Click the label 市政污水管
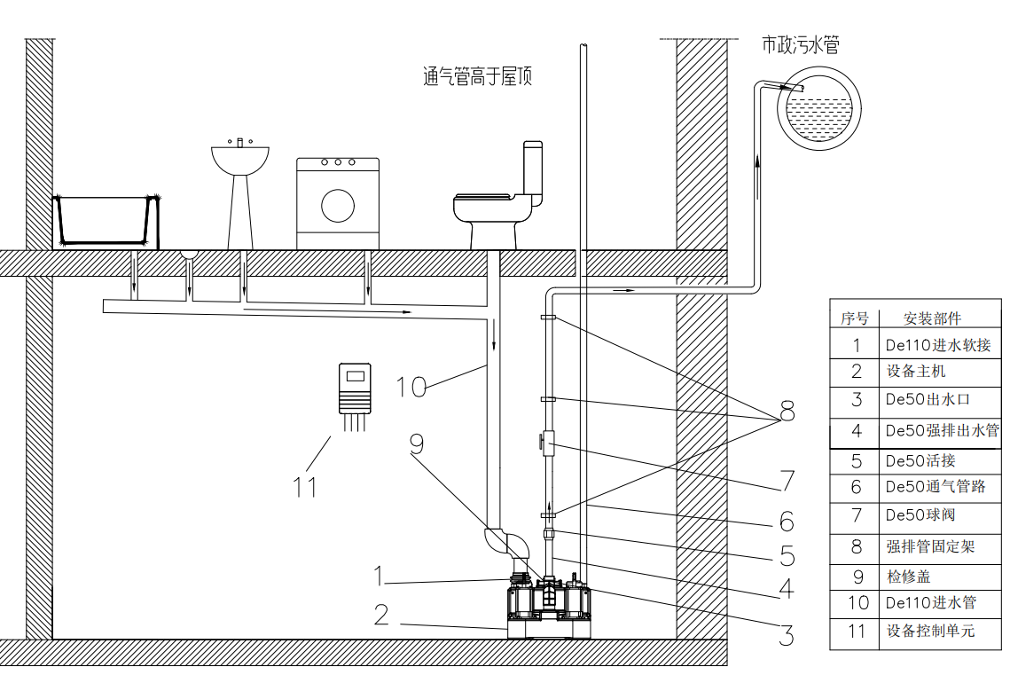click(800, 44)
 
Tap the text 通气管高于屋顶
click(477, 77)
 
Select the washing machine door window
click(337, 205)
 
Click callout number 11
click(304, 486)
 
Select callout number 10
click(411, 387)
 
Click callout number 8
click(786, 412)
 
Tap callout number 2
click(381, 614)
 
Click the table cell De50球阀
click(920, 515)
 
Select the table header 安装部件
click(931, 318)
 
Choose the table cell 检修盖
click(908, 576)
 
